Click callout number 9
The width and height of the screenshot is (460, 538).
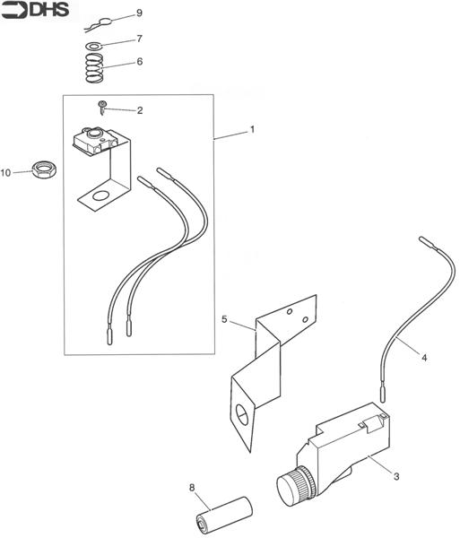(x=139, y=13)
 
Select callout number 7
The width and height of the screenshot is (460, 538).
(x=139, y=39)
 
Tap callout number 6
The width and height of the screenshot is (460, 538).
(x=139, y=62)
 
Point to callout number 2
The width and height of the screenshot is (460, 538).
(x=139, y=110)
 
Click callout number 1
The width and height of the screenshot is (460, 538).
(x=252, y=129)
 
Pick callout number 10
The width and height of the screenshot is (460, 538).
(x=6, y=172)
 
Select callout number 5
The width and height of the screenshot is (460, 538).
(x=225, y=318)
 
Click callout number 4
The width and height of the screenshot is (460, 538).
(x=424, y=357)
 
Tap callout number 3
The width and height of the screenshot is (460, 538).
(x=395, y=476)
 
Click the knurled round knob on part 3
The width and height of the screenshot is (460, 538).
(x=292, y=487)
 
